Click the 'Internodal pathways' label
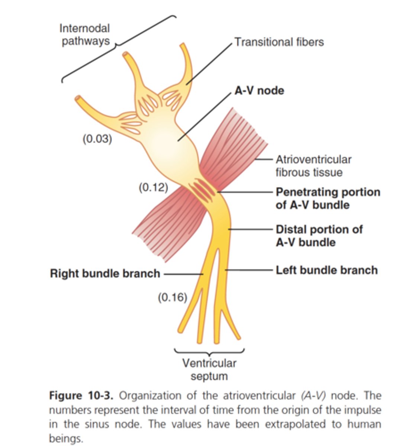click(x=85, y=35)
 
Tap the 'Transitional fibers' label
click(x=279, y=42)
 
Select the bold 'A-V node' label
click(x=259, y=91)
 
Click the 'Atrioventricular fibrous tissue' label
click(x=313, y=166)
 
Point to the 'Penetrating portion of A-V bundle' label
click(x=327, y=198)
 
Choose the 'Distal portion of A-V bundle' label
click(x=319, y=236)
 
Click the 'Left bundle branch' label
click(x=326, y=270)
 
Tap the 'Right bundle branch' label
click(x=105, y=274)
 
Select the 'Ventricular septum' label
click(x=209, y=369)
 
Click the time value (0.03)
click(x=97, y=139)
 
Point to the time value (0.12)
click(x=153, y=187)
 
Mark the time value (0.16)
click(x=172, y=297)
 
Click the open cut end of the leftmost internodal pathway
click(x=78, y=99)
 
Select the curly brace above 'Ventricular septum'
click(x=209, y=351)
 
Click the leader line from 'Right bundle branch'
click(x=182, y=274)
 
